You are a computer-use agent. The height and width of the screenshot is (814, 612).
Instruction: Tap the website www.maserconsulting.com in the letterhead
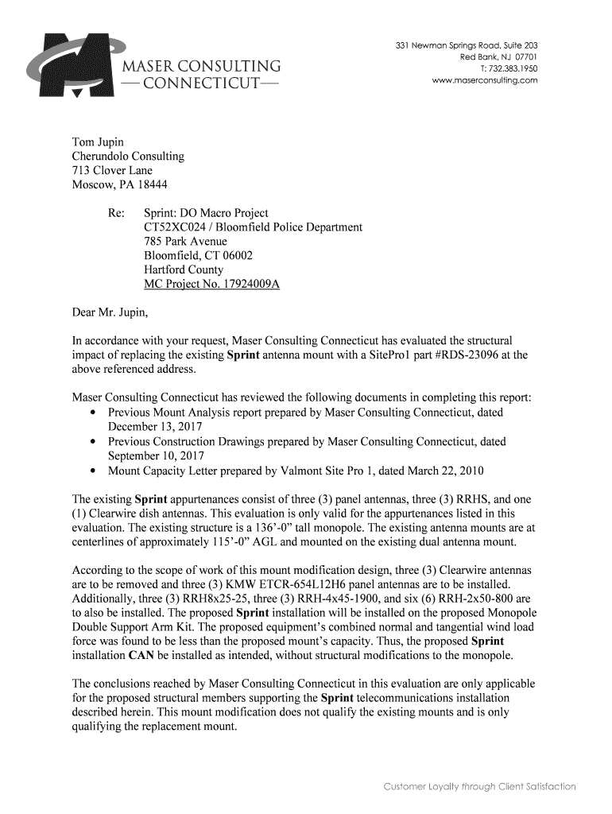484,81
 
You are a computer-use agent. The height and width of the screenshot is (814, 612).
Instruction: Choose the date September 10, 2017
157,455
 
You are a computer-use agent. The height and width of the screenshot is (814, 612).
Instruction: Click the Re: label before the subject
116,213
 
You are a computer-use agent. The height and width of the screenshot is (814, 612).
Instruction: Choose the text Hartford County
183,270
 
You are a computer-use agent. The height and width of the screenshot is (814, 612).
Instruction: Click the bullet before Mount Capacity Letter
95,470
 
